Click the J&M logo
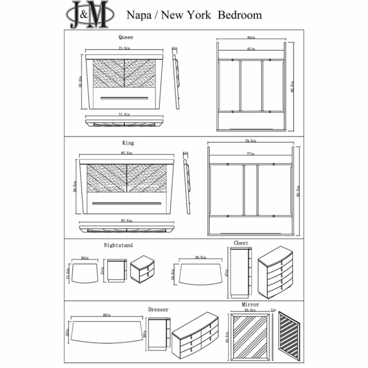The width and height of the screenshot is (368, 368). (x=90, y=15)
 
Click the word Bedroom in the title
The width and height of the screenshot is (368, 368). (x=240, y=15)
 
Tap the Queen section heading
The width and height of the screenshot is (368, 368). (x=126, y=37)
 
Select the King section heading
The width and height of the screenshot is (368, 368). (x=128, y=143)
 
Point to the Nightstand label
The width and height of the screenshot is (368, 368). (x=118, y=245)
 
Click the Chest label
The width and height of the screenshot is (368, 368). (x=241, y=243)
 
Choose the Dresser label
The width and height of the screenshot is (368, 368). (x=158, y=310)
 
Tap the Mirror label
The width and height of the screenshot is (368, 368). (x=250, y=305)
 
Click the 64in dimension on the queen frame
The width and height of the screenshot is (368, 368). (x=251, y=38)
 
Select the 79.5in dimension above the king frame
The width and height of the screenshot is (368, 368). (x=251, y=141)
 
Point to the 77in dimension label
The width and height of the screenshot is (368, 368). (x=251, y=154)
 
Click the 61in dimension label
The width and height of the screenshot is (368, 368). (x=251, y=49)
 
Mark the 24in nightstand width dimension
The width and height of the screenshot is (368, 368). (x=85, y=258)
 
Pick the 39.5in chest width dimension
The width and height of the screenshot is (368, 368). (x=201, y=258)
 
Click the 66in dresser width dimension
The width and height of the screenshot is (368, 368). (x=107, y=315)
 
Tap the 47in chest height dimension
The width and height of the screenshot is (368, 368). (x=226, y=273)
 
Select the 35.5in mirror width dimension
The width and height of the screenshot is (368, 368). (x=250, y=310)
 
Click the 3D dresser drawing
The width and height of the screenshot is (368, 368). (x=195, y=334)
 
